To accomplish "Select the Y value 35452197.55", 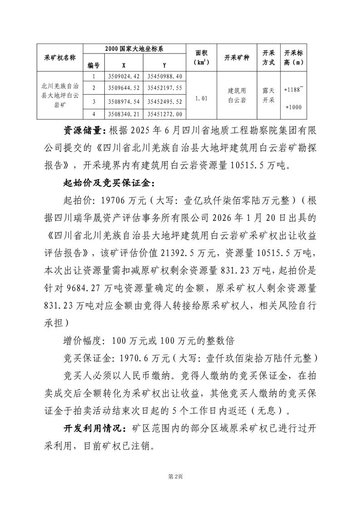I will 165,88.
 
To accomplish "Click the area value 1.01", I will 202,98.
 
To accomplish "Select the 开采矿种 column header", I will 237,58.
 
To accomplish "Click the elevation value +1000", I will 293,107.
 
